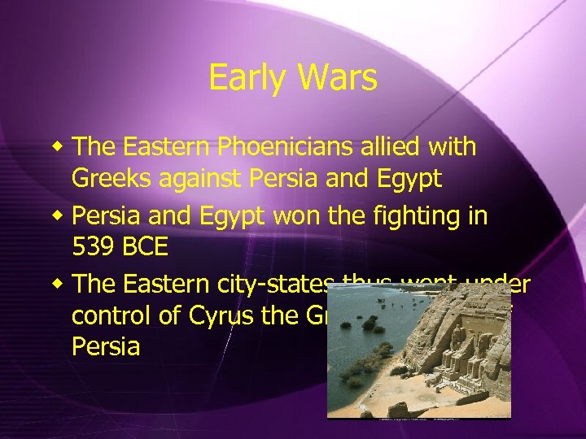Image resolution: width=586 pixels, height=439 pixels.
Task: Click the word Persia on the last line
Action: [106, 347]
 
